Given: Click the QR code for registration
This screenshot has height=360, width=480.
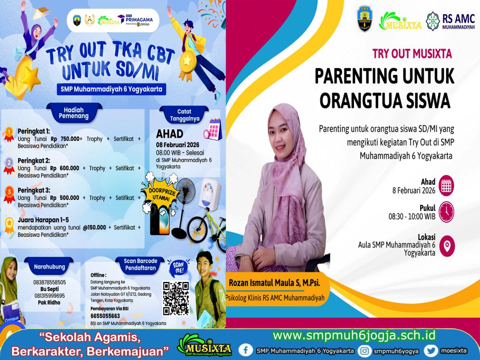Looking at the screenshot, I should (176, 298).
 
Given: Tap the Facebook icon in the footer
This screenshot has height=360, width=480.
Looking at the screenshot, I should (246, 350).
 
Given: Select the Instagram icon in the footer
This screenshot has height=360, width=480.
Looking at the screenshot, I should (364, 351).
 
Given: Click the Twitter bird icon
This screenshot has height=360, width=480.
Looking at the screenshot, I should (431, 350).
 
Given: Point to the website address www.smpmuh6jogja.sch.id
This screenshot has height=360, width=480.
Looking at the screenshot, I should (354, 335).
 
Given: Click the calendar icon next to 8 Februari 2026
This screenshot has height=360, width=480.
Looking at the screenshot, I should (446, 185).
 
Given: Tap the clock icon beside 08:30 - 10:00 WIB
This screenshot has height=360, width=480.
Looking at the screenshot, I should (446, 212).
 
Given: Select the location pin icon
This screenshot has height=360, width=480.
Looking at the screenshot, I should (446, 244).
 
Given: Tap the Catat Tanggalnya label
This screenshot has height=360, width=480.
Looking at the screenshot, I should (184, 115).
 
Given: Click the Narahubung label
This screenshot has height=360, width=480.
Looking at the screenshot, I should (50, 266).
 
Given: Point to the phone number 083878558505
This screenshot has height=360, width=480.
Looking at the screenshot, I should (50, 282).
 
